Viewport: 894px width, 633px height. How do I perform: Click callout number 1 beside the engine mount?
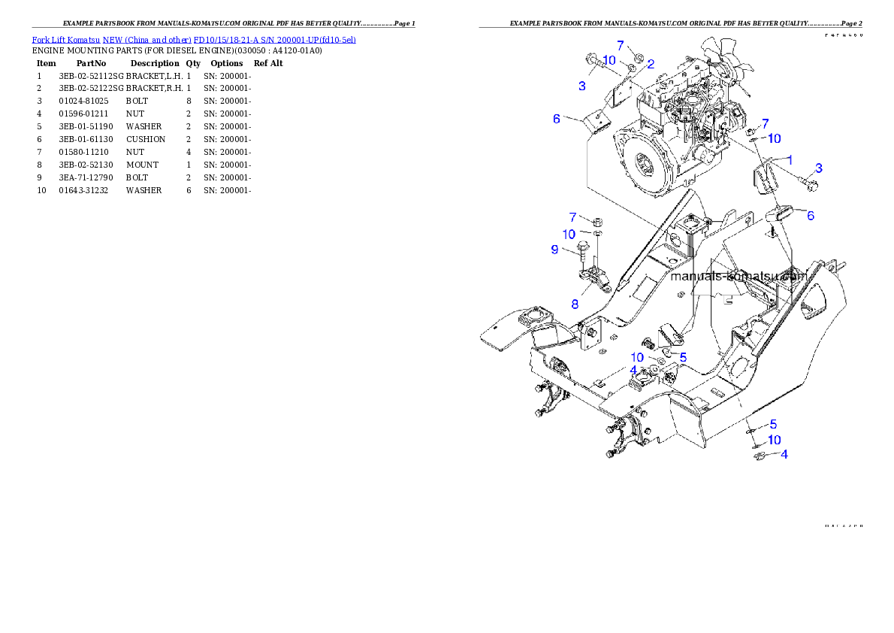[790, 159]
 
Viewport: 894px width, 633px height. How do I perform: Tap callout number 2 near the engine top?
[651, 64]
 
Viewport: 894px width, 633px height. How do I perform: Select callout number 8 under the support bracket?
[575, 304]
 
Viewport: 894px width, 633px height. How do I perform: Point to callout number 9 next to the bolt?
[554, 249]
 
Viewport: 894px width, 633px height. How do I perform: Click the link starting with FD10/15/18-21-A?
[274, 39]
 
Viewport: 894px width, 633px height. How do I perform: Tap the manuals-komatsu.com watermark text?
[738, 276]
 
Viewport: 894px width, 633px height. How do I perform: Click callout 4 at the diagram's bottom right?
[784, 454]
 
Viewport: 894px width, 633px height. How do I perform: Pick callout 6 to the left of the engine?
[556, 119]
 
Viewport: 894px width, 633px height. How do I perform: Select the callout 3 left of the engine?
[581, 86]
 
